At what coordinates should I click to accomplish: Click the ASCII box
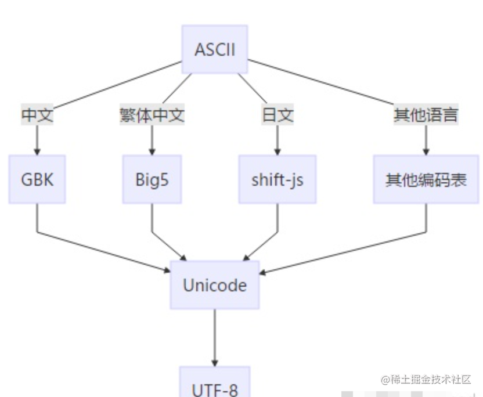pos(215,49)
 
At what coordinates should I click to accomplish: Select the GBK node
pos(37,179)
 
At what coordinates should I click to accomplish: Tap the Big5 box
pos(152,179)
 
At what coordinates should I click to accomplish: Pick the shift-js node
pos(277,179)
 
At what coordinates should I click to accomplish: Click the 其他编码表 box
pos(426,179)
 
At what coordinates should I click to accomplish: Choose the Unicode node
pos(215,285)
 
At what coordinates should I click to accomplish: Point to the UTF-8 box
pos(215,384)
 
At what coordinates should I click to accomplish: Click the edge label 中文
pos(37,115)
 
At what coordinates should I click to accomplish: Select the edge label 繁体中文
pos(152,115)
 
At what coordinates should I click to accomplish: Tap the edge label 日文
pos(277,115)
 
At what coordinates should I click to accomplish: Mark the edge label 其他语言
pos(426,115)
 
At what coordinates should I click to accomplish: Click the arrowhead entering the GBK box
pos(37,150)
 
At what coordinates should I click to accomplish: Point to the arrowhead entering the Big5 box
pos(152,150)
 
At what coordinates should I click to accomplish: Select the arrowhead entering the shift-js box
pos(277,150)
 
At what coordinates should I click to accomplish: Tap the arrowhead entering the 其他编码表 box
pos(426,150)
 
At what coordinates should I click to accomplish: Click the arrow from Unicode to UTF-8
pos(215,337)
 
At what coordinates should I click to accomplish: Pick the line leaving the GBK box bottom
pos(37,218)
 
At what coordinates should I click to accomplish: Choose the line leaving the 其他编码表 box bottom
pos(426,218)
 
